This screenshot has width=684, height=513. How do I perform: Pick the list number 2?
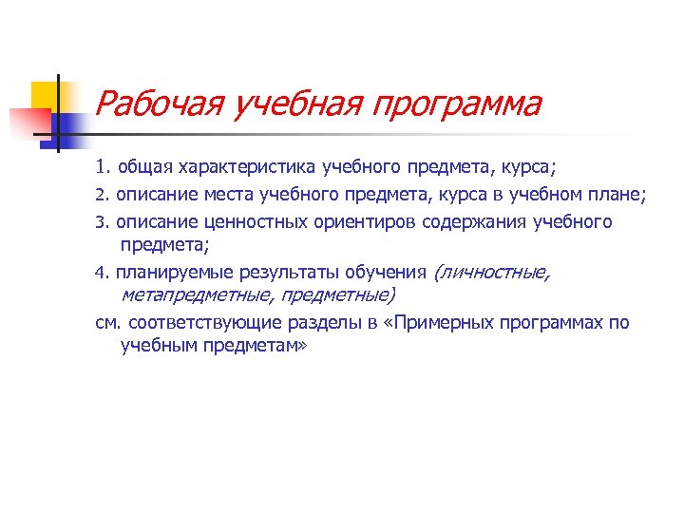101,196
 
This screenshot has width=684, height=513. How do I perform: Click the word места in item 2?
232,196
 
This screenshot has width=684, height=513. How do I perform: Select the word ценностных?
250,222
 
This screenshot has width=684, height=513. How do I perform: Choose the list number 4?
101,274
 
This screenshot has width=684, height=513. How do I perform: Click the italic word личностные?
491,274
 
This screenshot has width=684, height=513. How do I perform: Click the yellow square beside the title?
45,95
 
